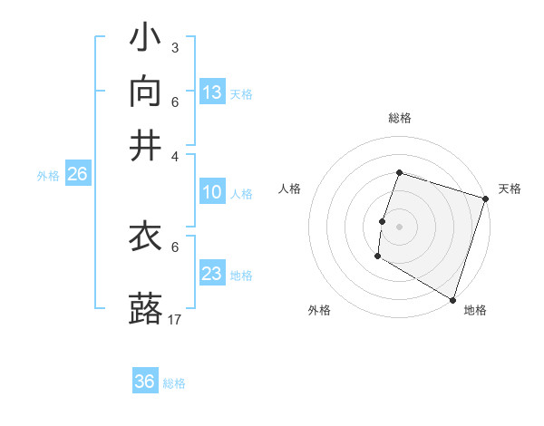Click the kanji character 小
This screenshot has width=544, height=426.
(x=145, y=39)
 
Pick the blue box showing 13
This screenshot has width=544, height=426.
(x=212, y=92)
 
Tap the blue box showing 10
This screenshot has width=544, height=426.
(x=212, y=192)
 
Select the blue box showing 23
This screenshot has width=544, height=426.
(x=212, y=274)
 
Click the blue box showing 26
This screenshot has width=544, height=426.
(x=77, y=175)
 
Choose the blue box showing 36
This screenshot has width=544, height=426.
(x=145, y=382)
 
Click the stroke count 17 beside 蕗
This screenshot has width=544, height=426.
(x=176, y=320)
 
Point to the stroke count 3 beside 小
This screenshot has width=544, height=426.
(x=175, y=47)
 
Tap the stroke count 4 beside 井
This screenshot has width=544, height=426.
(x=175, y=154)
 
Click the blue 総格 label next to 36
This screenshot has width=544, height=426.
(x=174, y=383)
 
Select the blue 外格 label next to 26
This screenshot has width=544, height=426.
(x=48, y=177)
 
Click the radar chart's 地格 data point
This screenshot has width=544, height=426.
(x=452, y=299)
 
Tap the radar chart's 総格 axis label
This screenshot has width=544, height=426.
(x=400, y=118)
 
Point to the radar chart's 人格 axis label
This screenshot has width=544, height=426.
(x=289, y=189)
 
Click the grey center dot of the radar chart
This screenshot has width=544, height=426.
(x=399, y=226)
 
